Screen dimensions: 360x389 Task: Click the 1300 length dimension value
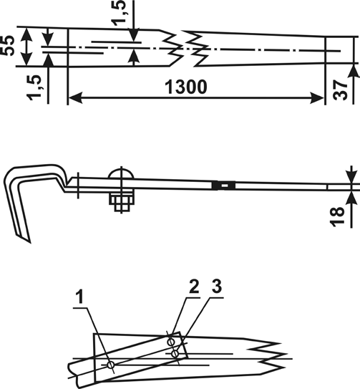click(185, 87)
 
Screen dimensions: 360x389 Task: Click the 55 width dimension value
click(7, 46)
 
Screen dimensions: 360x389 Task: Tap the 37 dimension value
click(340, 90)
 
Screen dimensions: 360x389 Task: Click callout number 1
click(79, 298)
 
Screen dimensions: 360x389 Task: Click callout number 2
click(194, 287)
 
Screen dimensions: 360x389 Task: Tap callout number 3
click(217, 287)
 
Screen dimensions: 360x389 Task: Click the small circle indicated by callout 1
click(111, 365)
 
